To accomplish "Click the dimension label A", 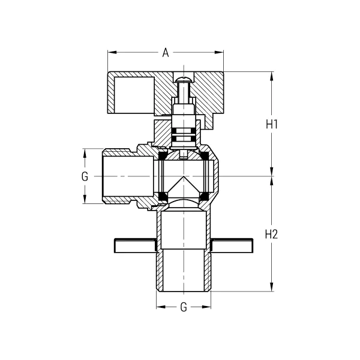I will (165, 52).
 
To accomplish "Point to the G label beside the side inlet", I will (85, 176).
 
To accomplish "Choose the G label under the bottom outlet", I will (184, 307).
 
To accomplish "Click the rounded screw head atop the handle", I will (184, 77).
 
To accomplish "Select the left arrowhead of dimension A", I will (111, 52).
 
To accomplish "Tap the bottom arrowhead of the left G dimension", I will (85, 201).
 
